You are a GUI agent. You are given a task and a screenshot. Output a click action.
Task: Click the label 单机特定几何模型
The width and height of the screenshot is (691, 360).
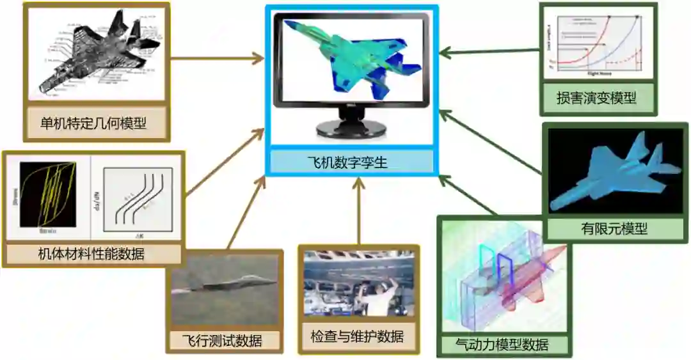[93, 122]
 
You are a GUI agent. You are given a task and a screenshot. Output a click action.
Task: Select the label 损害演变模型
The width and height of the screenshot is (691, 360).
[596, 98]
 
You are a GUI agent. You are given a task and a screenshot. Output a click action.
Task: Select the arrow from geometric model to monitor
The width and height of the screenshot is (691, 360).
[218, 59]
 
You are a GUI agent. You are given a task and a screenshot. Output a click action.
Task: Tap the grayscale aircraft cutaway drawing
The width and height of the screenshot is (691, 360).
[95, 54]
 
